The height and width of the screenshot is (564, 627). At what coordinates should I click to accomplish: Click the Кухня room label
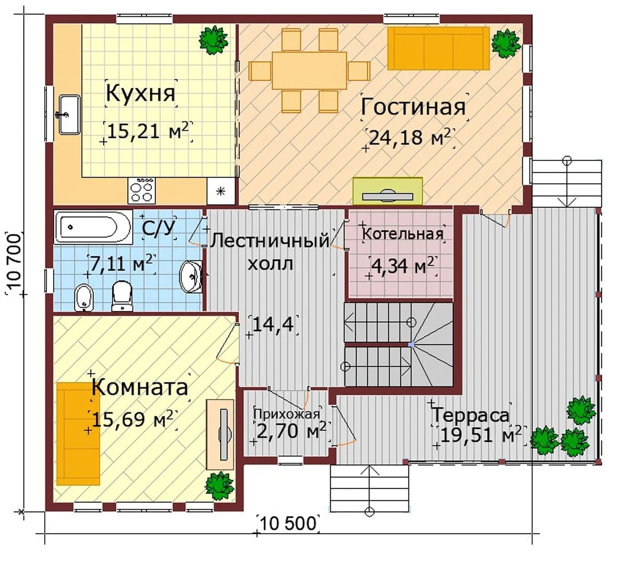click(x=141, y=93)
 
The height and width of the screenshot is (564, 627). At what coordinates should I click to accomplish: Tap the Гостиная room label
click(x=413, y=107)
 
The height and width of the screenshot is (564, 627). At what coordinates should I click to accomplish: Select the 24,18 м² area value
click(x=409, y=137)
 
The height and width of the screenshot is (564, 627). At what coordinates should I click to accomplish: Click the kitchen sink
click(x=69, y=114)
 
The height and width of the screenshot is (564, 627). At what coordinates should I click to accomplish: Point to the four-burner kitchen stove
click(x=141, y=191)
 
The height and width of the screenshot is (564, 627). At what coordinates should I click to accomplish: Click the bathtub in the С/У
click(x=93, y=227)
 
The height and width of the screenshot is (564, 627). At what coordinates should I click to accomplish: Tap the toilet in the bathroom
click(x=122, y=296)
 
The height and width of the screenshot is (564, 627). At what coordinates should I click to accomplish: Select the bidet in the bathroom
click(x=84, y=298)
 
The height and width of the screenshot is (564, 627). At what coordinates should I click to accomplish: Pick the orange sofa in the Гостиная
click(x=439, y=49)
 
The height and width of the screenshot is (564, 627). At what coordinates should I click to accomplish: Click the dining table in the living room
click(x=309, y=70)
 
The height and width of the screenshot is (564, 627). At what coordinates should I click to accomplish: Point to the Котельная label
click(x=403, y=234)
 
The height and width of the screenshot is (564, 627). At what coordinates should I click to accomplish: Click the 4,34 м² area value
click(x=402, y=266)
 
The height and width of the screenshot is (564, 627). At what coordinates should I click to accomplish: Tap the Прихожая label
click(x=286, y=414)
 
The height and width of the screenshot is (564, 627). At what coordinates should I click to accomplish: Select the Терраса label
click(x=471, y=415)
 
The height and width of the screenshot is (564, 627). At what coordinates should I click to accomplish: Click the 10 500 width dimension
click(x=288, y=523)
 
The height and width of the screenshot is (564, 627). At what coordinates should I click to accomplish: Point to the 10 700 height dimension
click(x=14, y=263)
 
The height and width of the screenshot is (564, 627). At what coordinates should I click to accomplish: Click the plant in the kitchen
click(x=213, y=40)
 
